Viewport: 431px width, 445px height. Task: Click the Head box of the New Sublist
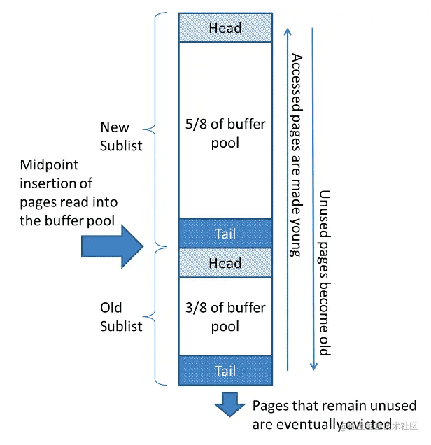click(225, 28)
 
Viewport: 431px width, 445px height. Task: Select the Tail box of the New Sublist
click(225, 234)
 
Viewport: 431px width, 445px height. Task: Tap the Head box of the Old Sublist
click(225, 263)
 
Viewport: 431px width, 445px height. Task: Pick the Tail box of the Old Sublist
click(225, 371)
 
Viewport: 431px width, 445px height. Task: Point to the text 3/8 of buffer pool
click(225, 317)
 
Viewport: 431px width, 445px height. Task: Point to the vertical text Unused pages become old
click(324, 273)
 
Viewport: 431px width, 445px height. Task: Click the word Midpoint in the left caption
click(49, 166)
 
